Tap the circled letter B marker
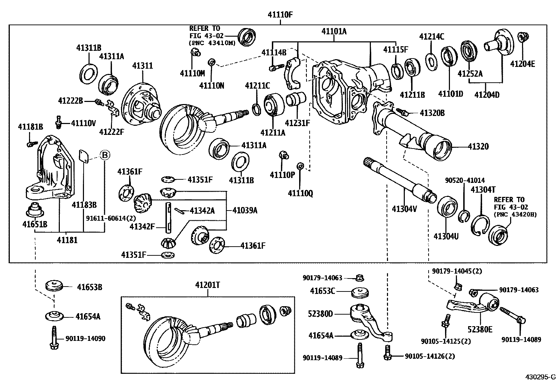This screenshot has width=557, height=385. pos(105,154)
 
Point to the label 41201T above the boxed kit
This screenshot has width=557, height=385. pos(207,285)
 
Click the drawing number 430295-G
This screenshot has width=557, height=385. pos(540,377)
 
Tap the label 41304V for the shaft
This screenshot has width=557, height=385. pos(404,209)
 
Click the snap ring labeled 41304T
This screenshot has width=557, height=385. pos(480,224)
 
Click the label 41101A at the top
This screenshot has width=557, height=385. pos(334,32)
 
